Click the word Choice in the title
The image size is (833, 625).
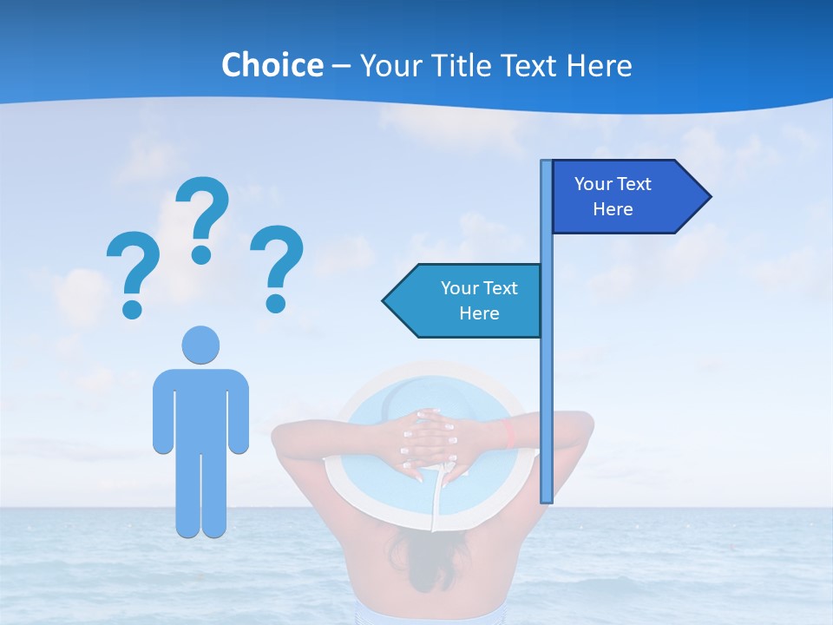point(272,66)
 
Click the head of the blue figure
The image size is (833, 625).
point(200,345)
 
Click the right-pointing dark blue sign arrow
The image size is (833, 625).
point(625,196)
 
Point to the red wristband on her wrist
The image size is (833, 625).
point(510,434)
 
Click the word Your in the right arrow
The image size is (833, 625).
point(594,184)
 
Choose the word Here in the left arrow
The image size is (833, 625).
point(479,313)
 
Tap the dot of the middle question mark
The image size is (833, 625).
point(201,254)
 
